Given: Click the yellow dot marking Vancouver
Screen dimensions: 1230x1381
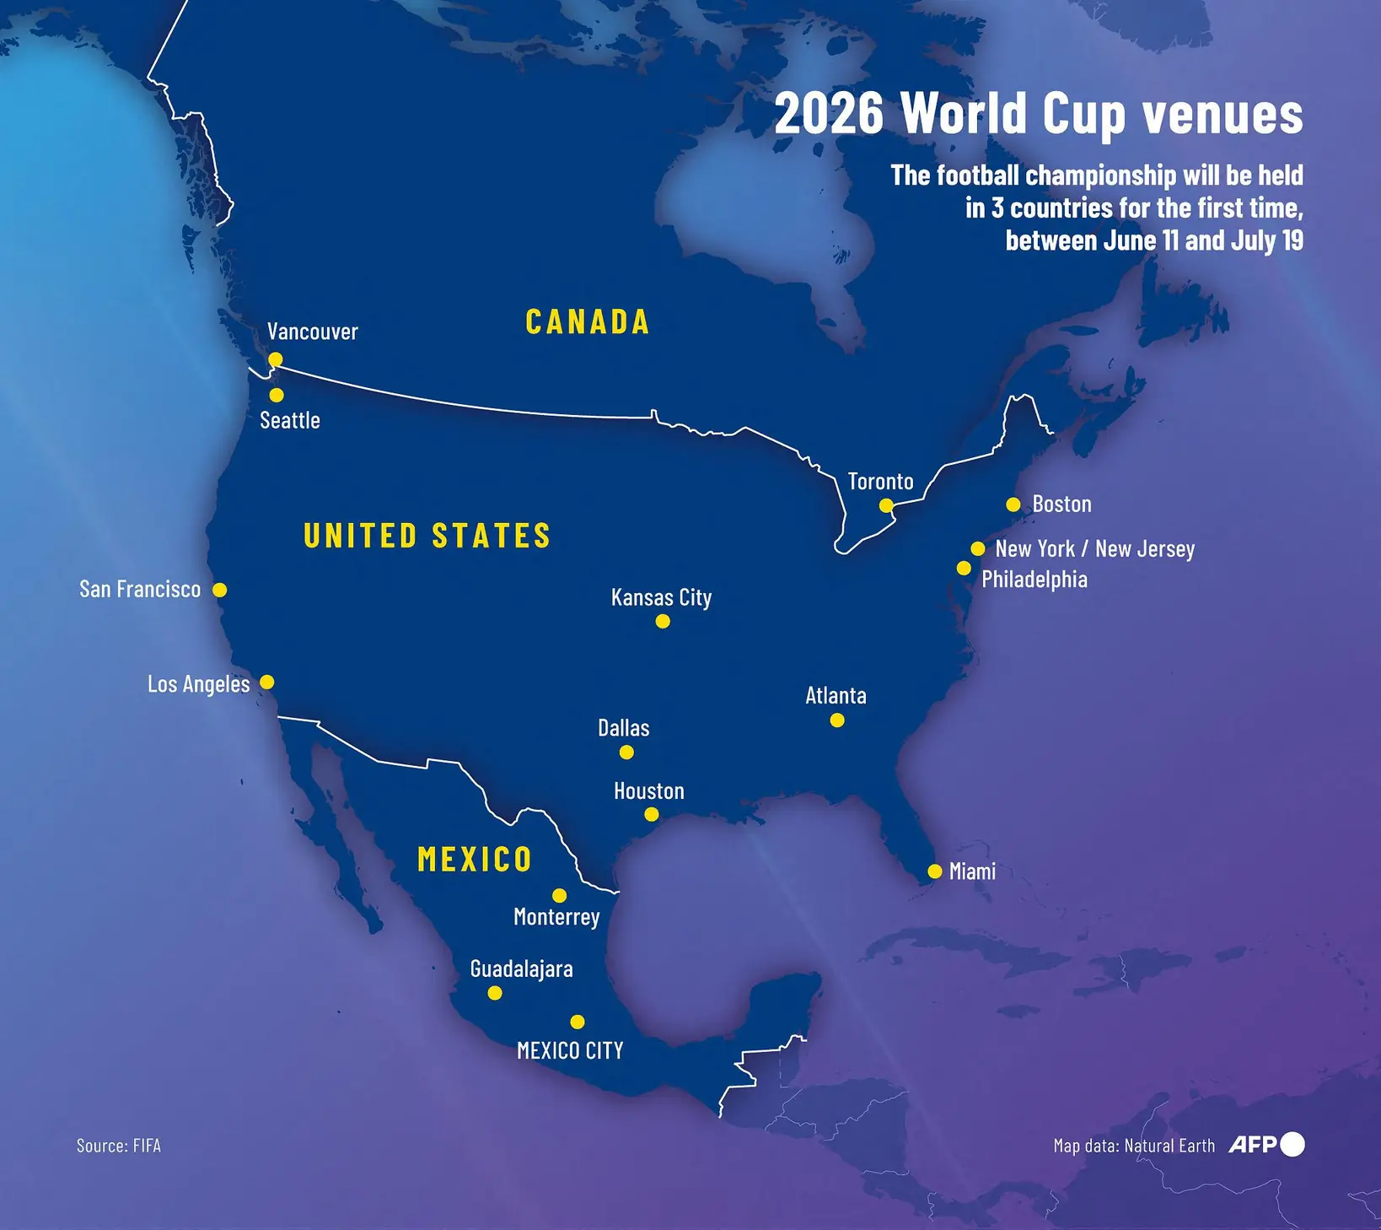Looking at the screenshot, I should pos(275,360).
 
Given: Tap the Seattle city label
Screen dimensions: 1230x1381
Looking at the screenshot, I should pos(290,420).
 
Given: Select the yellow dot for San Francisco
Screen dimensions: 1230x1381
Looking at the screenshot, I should pos(219,590).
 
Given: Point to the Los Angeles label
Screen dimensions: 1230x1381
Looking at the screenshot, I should pos(198,683).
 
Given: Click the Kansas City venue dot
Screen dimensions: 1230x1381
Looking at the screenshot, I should pos(663,622).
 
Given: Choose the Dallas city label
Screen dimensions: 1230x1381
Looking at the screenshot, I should pos(623,728).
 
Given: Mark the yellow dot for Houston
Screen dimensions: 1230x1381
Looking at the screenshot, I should pos(651,815).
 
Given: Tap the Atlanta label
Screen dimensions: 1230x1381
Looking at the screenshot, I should pos(836,696).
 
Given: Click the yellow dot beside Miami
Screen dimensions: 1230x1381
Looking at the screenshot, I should pos(934,871).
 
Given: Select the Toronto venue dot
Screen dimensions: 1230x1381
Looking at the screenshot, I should pos(885,505).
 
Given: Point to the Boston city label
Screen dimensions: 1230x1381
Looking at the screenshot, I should pos(1061,504).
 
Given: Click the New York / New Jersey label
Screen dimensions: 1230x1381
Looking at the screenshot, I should pos(1094,549).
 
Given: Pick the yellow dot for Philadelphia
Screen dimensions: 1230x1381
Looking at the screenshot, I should pos(964,569).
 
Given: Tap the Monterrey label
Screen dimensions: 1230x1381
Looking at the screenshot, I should pos(556,917).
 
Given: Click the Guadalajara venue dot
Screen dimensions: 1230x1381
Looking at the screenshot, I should pos(495,993).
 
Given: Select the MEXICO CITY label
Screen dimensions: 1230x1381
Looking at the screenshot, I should pos(570,1050).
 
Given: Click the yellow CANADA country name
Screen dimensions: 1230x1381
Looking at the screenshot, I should pos(588,322).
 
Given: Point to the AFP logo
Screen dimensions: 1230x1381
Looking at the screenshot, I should pos(1265,1145).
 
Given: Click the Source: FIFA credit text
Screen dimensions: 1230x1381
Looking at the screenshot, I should pos(118,1146).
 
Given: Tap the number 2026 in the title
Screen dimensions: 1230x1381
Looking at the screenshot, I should pos(829,114).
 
